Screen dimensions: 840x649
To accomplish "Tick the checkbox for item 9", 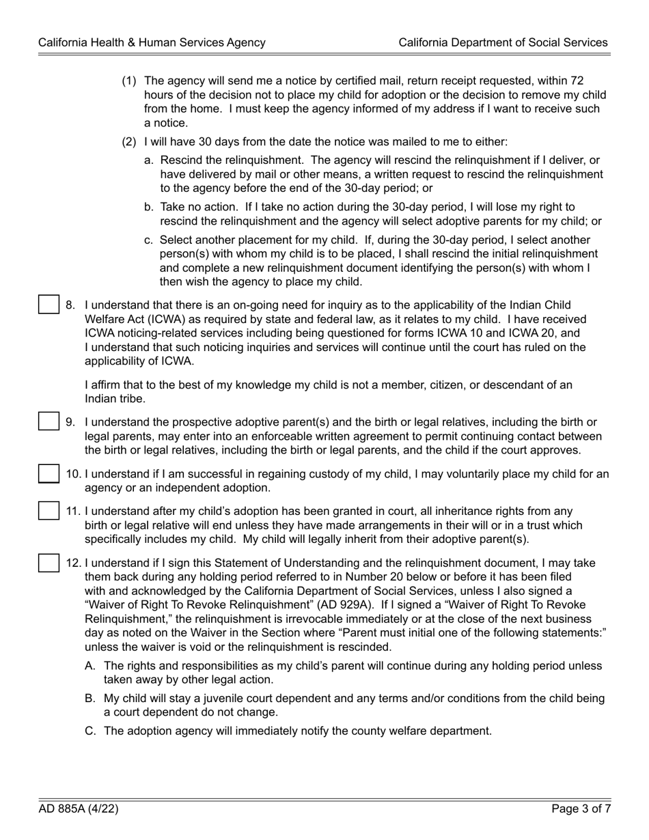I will pos(49,421).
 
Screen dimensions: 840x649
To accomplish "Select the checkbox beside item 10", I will pos(49,473).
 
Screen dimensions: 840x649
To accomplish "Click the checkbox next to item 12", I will pos(49,563).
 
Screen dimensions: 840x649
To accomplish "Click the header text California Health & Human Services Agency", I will pos(152,42).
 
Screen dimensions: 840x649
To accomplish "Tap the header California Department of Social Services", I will pos(503,42).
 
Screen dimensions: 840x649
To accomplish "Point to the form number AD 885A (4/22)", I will pos(79,809).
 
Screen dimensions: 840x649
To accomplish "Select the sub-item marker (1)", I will pos(130,81).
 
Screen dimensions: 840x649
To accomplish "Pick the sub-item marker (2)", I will pos(130,142).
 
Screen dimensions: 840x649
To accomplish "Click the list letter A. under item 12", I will pos(90,665).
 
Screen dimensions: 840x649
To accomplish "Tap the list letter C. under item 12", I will pos(90,731).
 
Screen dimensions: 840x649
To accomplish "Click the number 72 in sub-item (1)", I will pos(577,81).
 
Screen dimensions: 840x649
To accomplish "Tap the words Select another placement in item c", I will pos(221,240).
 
